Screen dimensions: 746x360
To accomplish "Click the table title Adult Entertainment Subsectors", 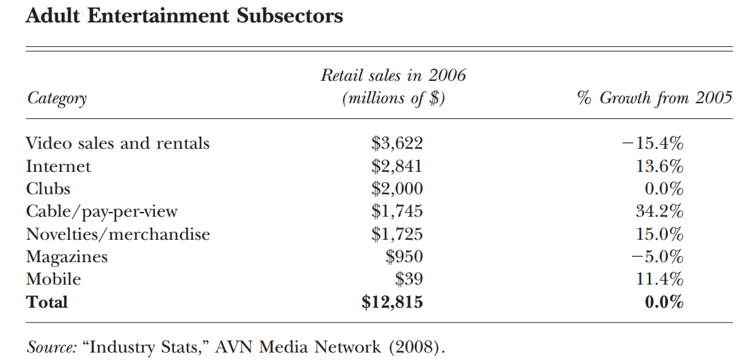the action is coord(184,16).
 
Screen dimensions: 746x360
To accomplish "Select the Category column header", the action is coord(56,99).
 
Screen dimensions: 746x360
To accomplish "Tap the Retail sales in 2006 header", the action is coord(393,75).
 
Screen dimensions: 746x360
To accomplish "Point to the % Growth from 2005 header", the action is coord(655,98).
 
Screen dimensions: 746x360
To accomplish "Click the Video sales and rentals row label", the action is coord(118,143).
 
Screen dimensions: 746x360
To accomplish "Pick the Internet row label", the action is coord(58,166).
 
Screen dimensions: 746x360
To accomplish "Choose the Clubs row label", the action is coord(48,189).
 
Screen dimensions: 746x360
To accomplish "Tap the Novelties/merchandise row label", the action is coord(118,234).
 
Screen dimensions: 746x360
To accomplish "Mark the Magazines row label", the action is coord(67,257).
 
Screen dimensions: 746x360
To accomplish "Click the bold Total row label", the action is coord(47,302).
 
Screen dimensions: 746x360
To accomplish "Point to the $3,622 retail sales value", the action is coord(397,143).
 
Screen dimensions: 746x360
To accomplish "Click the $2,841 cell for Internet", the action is coord(397,166).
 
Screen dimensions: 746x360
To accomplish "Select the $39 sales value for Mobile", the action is coord(409,279).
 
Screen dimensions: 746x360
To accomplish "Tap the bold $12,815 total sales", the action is coord(392,302).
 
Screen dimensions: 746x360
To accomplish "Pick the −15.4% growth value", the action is coord(652,143).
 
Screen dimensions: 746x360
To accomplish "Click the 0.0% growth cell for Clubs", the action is coord(664,189).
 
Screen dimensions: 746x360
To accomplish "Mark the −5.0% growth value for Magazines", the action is coord(657,257).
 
